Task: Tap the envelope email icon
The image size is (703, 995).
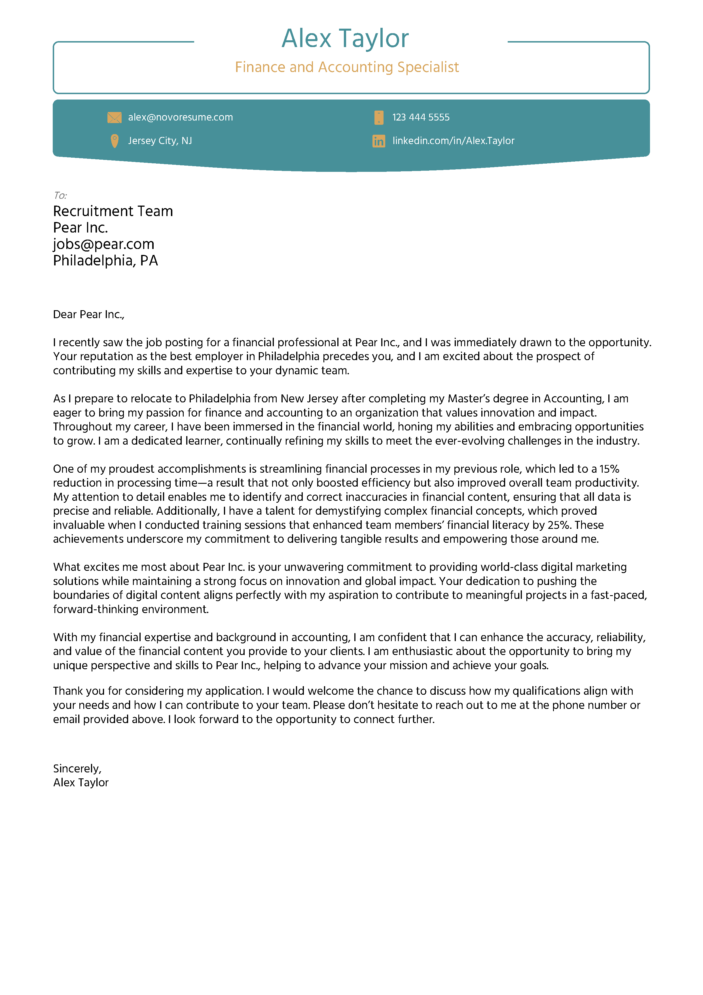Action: pos(114,117)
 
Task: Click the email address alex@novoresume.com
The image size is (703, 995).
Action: pos(180,117)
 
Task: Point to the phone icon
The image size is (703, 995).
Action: pos(379,117)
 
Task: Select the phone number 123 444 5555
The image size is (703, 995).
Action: pos(421,117)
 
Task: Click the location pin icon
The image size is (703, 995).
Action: pos(114,141)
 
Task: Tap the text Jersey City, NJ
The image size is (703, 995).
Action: pos(160,141)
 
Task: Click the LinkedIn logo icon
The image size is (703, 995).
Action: pos(379,141)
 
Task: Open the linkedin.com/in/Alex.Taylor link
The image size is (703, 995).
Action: pos(453,141)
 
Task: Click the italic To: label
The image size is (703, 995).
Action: pos(60,195)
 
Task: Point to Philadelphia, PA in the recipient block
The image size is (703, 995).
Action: pos(105,261)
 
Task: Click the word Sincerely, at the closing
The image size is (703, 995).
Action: pos(77,768)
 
